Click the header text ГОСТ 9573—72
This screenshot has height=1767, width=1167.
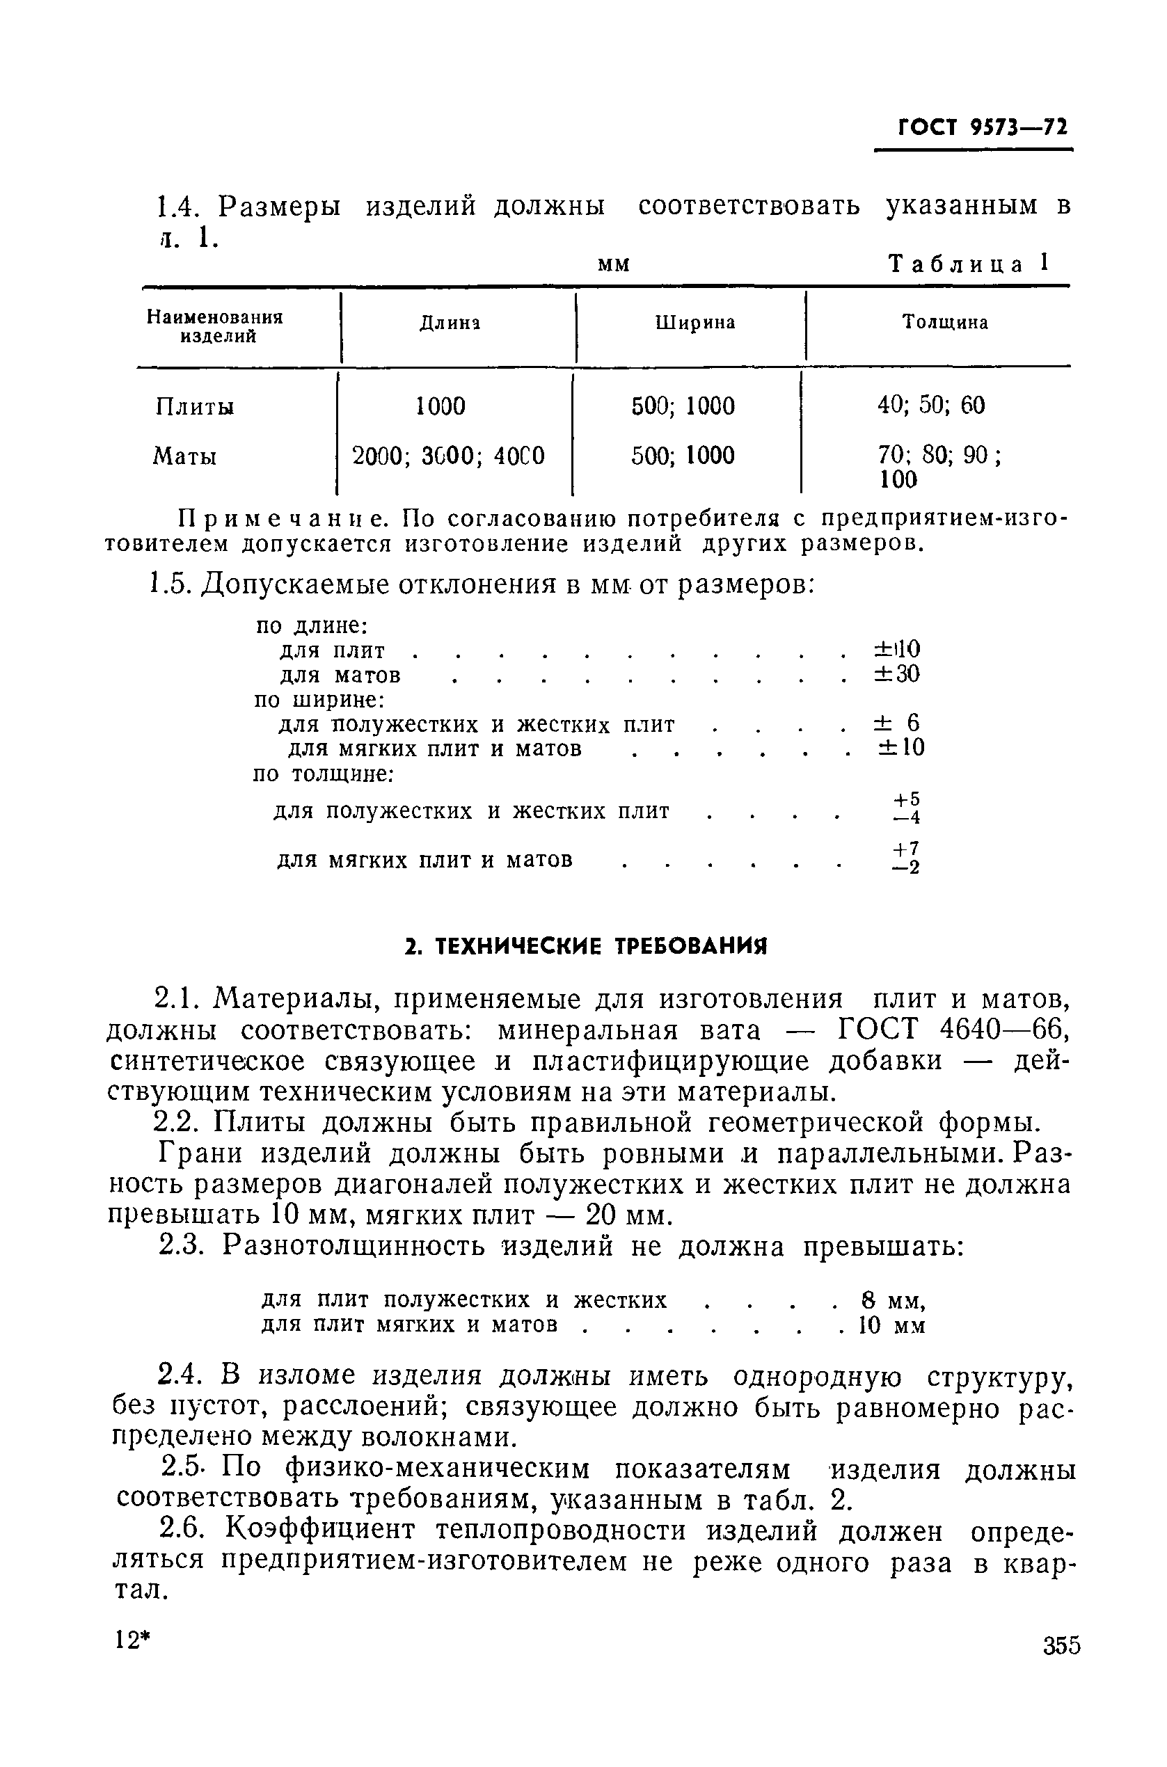click(x=983, y=127)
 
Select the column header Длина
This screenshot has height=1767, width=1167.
click(x=450, y=323)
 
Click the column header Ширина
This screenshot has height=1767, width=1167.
click(x=695, y=322)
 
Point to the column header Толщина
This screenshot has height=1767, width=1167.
click(x=944, y=322)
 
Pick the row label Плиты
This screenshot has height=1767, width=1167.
click(x=194, y=407)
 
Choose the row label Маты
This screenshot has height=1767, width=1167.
click(x=184, y=456)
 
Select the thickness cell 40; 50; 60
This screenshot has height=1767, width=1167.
click(x=930, y=406)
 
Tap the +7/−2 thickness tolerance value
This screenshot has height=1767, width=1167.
click(x=907, y=858)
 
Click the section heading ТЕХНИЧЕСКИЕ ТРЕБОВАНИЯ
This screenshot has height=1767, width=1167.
click(x=586, y=946)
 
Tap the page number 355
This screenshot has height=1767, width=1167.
click(x=1061, y=1645)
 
